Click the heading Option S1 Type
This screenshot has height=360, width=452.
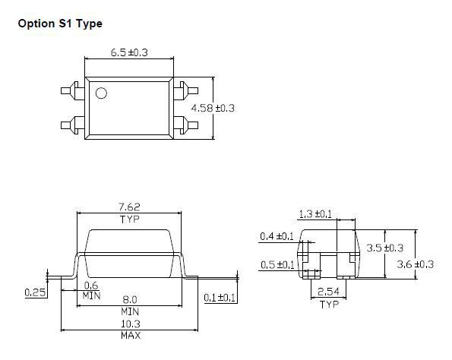(59, 24)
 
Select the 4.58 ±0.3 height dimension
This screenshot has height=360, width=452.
(215, 109)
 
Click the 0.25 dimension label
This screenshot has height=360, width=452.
(34, 291)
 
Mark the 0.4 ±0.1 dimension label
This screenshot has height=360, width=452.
(277, 236)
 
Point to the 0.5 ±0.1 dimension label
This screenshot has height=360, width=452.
(277, 264)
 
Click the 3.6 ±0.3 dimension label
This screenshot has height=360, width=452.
(416, 264)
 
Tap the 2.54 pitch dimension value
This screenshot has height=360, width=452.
(327, 292)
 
